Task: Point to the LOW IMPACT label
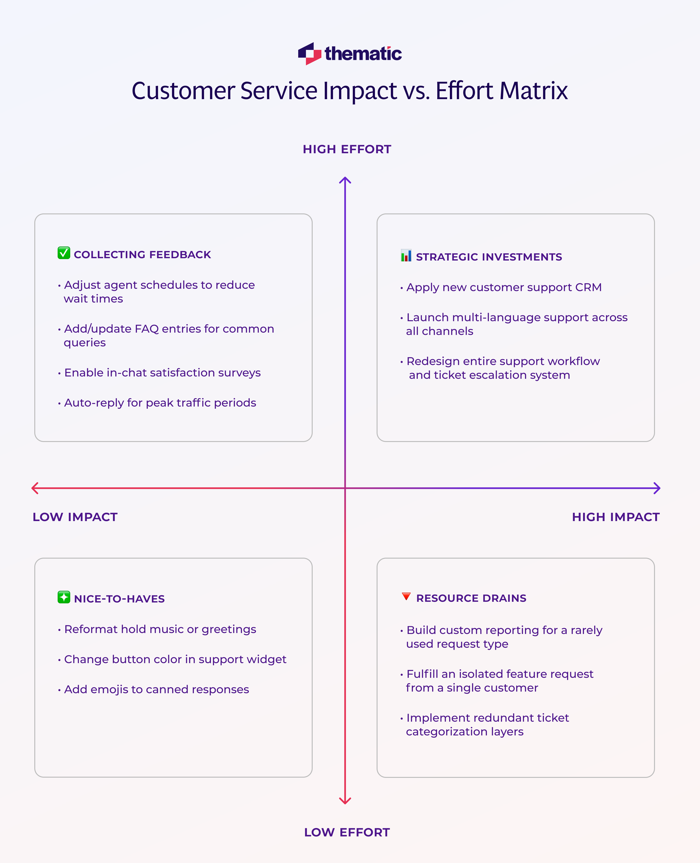click(x=75, y=517)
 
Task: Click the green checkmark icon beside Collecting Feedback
click(x=64, y=253)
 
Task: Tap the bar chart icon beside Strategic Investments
click(x=406, y=256)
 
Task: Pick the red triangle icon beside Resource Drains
click(x=406, y=596)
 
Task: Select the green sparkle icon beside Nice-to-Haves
click(x=64, y=597)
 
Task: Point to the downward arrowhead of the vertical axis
click(x=345, y=800)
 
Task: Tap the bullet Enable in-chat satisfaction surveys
click(x=162, y=373)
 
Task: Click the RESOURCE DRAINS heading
click(x=471, y=598)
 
